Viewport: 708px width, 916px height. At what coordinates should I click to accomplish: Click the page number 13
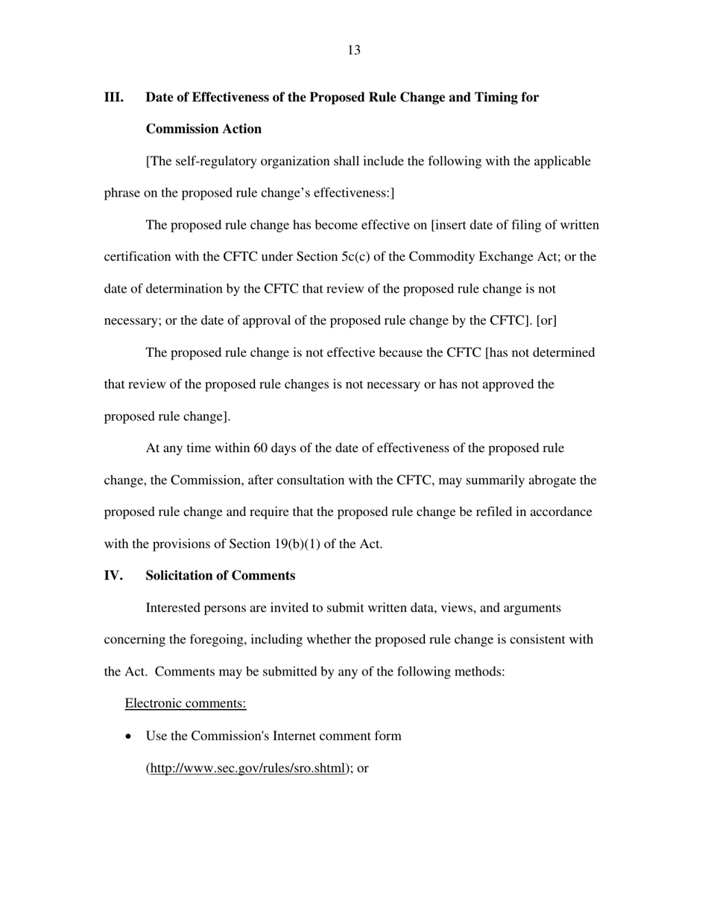tap(354, 51)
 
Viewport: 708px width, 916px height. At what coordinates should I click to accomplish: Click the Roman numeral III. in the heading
tap(113, 98)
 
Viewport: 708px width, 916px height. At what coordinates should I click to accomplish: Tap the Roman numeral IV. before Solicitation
tap(113, 576)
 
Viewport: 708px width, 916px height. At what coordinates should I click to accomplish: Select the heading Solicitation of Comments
tap(220, 576)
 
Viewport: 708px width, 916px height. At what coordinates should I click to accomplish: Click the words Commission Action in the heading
tap(203, 129)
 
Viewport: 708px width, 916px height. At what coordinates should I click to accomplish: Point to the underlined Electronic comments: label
tap(186, 703)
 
